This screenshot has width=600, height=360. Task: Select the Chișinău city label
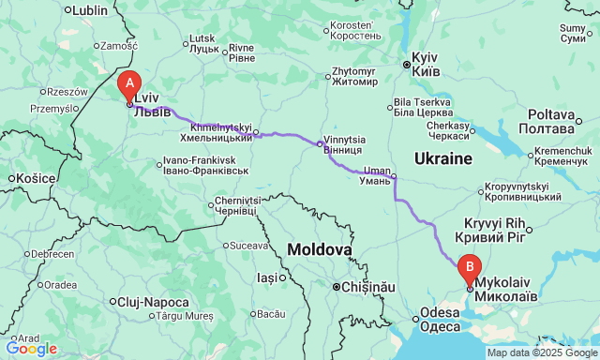tap(367, 286)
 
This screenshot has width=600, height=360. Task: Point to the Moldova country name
tap(319, 250)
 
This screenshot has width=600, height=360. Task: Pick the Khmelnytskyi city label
tap(221, 131)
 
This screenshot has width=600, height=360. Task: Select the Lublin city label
tap(89, 10)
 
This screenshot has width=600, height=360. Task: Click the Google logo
tap(30, 349)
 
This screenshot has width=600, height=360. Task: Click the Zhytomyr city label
tap(353, 76)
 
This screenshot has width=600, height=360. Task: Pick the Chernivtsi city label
tap(236, 205)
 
